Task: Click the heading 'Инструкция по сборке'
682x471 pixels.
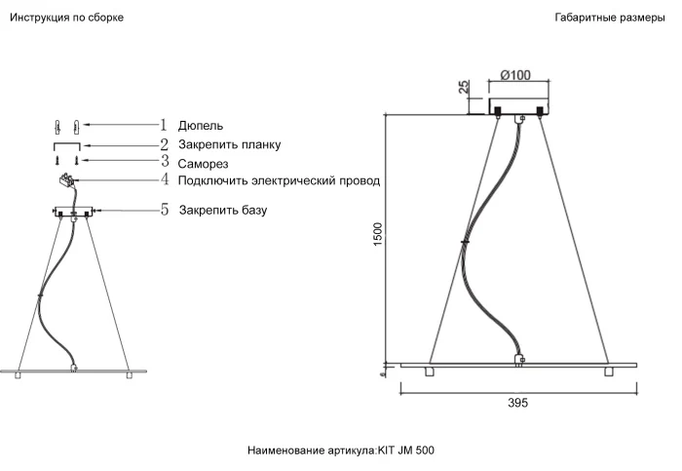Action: pos(66,18)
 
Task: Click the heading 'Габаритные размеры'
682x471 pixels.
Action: pos(610,18)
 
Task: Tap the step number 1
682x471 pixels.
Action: pos(165,125)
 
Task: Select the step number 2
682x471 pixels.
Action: pos(165,143)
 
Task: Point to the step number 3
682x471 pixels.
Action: pos(165,162)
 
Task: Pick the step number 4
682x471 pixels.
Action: pos(165,180)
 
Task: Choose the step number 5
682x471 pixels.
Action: pos(165,209)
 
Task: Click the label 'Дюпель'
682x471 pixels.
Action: pos(201,126)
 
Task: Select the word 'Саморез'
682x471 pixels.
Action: pos(204,164)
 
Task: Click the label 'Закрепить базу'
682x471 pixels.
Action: pos(223,210)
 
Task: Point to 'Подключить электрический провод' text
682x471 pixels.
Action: pos(279,181)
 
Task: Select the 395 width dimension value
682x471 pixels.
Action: pos(517,404)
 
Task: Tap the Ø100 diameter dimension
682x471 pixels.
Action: pos(514,75)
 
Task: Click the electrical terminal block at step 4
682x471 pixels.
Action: pos(67,179)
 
